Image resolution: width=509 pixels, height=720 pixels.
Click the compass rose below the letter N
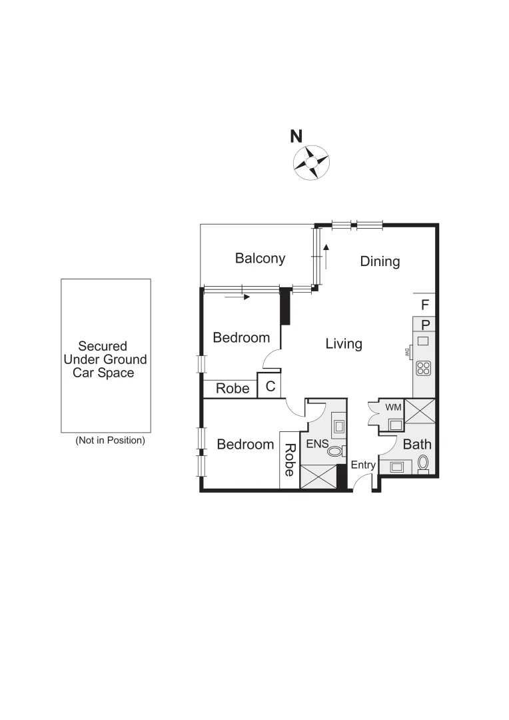coord(310,163)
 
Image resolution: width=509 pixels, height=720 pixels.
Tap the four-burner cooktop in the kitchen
coord(423,367)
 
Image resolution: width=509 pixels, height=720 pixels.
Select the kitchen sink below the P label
coord(423,341)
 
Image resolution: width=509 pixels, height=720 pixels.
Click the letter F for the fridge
coord(424,305)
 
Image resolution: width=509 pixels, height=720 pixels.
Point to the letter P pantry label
coord(425,325)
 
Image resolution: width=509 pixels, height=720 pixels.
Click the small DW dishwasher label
coord(405,353)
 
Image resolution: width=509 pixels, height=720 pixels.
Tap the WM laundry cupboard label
coord(393,406)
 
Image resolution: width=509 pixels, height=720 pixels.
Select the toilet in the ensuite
coord(334,451)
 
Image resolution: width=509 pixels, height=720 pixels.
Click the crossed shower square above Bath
coord(420,411)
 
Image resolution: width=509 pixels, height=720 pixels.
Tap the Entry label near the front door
coord(363,465)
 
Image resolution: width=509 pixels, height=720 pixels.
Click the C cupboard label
coord(270,387)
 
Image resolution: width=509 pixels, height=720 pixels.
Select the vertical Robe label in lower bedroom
coord(289,460)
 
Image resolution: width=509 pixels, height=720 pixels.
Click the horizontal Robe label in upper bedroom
coord(233,388)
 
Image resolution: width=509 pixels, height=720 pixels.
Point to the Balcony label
coord(260,258)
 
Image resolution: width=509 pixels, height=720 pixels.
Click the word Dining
coord(380,261)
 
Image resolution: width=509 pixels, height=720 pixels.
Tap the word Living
coord(344,344)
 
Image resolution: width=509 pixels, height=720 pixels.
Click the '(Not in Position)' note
coord(110,441)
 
